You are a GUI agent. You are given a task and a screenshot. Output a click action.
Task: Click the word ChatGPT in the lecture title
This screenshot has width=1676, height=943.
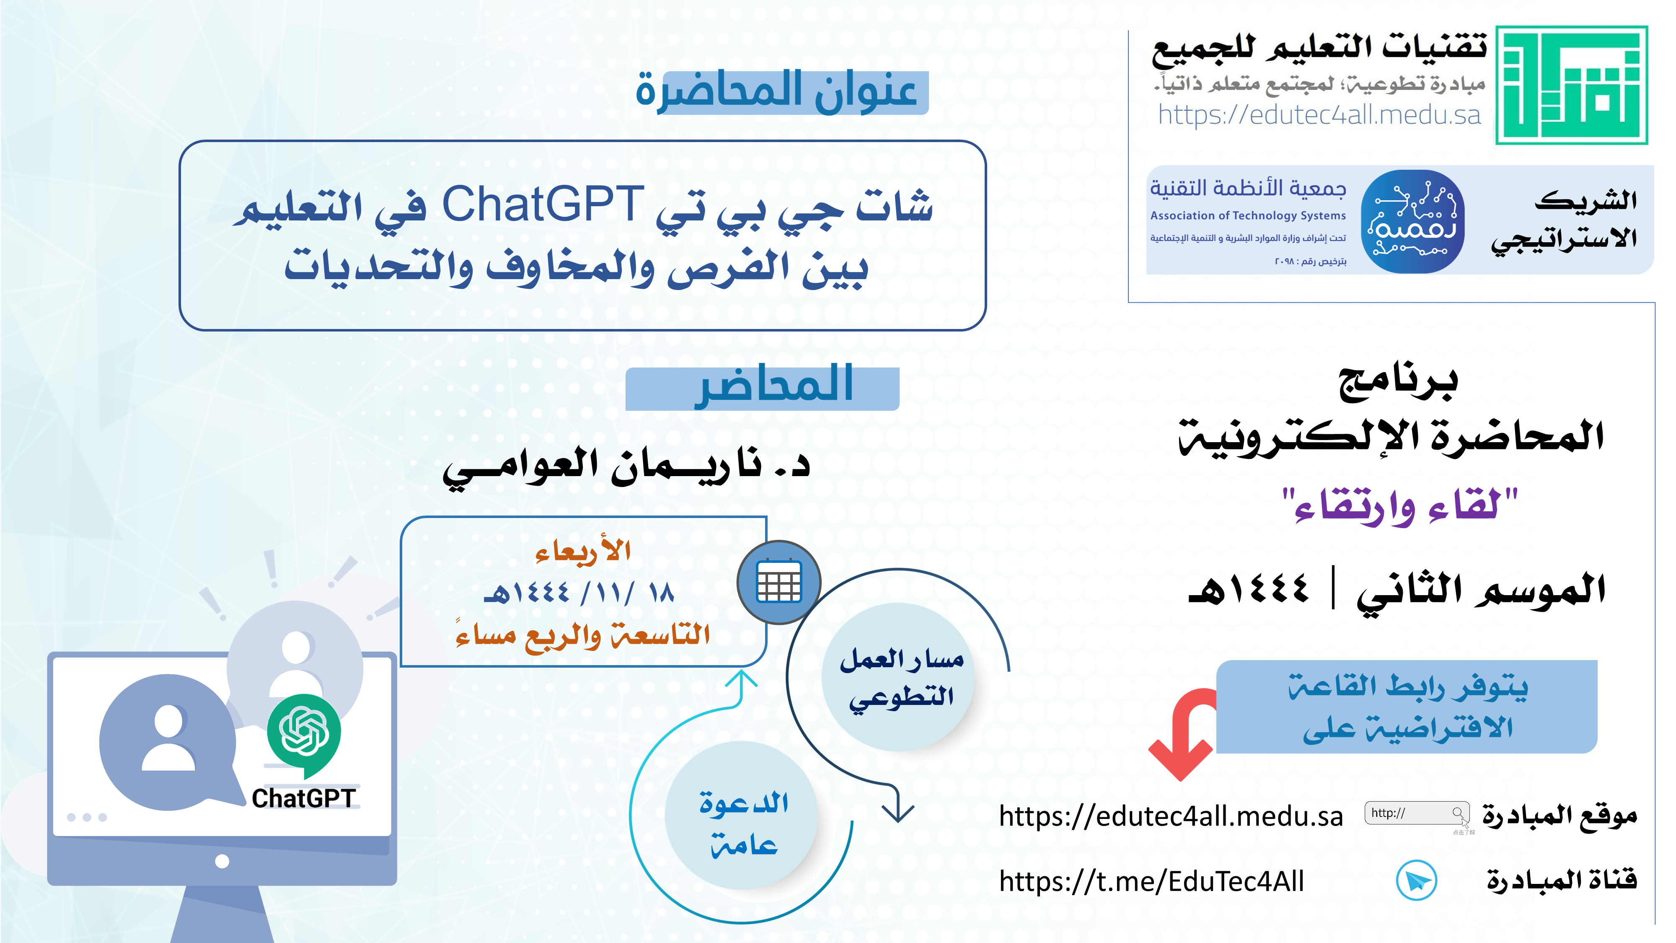coord(543,205)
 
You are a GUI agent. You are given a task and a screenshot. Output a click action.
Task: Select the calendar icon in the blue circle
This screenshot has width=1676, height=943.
coord(779,582)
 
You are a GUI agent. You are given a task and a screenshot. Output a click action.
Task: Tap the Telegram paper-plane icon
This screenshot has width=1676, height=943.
coord(1416,881)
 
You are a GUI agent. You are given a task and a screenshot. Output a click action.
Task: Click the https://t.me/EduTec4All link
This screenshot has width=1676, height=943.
coord(1151,881)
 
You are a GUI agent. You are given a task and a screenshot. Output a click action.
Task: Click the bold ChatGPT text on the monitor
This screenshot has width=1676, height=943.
coord(303,798)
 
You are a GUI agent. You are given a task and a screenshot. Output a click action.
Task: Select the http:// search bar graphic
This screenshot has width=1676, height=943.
coord(1416,813)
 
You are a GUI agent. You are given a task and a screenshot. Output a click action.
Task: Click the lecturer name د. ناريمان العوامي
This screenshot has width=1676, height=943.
coord(626,466)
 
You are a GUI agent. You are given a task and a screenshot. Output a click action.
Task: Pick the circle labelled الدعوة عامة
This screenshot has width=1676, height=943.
coord(741,816)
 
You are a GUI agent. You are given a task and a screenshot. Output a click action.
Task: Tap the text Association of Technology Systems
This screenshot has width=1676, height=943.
coord(1248,215)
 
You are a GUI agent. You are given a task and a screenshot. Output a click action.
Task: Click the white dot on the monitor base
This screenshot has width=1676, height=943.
coord(222,861)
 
